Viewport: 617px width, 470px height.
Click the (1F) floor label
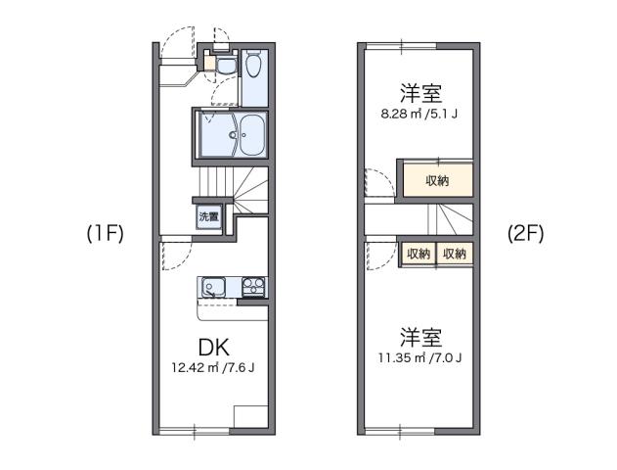104,234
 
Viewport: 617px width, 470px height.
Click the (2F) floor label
525,234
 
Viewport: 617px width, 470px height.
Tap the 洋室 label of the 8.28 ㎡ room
420,94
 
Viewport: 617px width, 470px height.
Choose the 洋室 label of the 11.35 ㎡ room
420,337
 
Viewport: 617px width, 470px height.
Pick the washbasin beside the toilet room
223,66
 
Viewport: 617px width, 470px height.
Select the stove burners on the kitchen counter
253,288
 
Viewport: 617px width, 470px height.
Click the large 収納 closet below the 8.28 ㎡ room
437,180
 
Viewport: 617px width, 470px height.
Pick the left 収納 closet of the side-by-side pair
418,254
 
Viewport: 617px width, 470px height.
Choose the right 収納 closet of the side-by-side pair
454,254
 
